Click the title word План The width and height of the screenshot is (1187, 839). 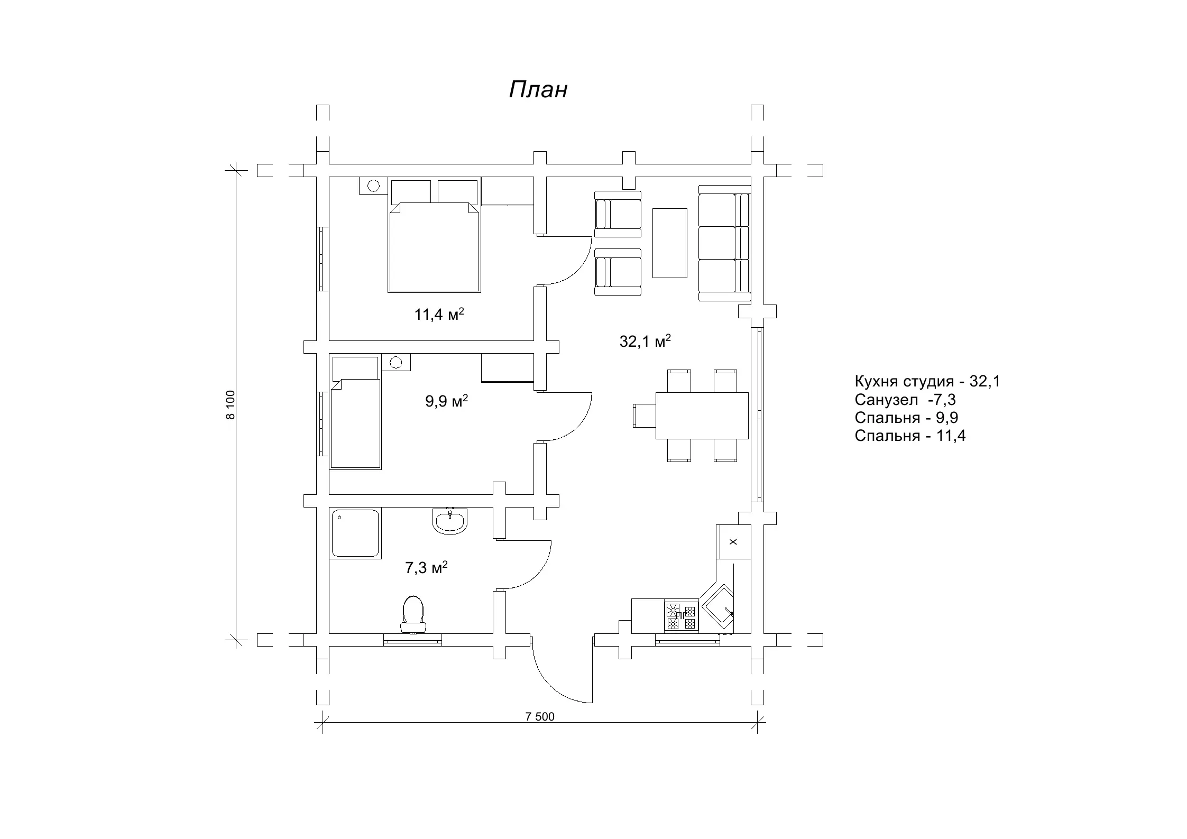(x=538, y=90)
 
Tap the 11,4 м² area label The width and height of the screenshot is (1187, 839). (x=439, y=315)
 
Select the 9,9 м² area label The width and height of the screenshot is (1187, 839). (x=447, y=401)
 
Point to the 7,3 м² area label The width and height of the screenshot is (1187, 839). (x=426, y=568)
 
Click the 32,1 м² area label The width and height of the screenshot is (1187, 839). (x=645, y=341)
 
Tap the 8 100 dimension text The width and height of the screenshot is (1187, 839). (x=230, y=405)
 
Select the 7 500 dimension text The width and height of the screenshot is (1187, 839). (x=540, y=717)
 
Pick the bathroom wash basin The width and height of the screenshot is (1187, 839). (x=450, y=521)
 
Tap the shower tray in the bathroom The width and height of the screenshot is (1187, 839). (x=355, y=533)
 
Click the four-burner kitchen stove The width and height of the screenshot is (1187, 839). (x=682, y=616)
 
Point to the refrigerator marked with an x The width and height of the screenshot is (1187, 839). (x=733, y=542)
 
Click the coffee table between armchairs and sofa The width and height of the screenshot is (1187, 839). (x=669, y=243)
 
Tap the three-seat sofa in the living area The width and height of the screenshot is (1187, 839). (x=724, y=243)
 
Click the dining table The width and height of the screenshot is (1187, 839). (x=702, y=416)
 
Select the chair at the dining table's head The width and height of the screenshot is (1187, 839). (x=645, y=416)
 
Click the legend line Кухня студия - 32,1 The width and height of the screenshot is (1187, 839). (x=927, y=381)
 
